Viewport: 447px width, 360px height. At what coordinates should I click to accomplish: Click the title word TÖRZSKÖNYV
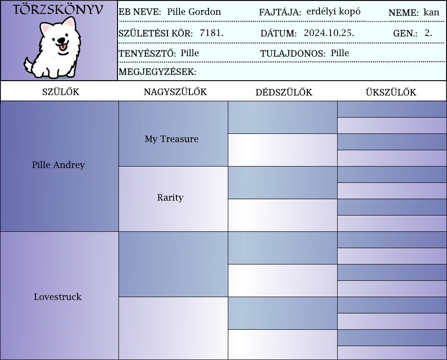(58, 10)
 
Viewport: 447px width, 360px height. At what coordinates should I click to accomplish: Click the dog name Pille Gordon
(194, 12)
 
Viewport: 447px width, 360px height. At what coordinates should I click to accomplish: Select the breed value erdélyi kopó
(333, 12)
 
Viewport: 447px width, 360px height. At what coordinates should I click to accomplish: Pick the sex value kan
(431, 12)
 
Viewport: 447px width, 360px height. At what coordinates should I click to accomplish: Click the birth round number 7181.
(212, 33)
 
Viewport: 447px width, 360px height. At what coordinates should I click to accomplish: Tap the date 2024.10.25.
(329, 33)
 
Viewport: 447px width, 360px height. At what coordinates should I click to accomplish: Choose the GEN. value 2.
(428, 33)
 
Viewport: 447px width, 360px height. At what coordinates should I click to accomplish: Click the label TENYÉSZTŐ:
(147, 53)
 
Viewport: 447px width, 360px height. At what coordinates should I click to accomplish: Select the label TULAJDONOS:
(293, 53)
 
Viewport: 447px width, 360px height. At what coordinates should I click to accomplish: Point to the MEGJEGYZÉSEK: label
(157, 72)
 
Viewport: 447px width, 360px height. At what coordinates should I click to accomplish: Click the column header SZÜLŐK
(61, 92)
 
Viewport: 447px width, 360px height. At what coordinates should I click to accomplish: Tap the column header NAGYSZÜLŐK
(175, 92)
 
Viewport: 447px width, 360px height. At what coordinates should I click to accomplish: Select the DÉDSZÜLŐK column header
(283, 92)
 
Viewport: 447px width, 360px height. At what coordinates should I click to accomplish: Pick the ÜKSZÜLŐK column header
(391, 92)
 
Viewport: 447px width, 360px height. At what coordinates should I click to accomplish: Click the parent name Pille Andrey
(58, 165)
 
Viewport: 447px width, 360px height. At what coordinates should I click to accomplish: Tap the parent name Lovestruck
(58, 297)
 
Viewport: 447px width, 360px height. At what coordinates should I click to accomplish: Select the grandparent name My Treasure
(171, 139)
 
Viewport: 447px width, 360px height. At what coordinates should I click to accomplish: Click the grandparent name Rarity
(170, 197)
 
